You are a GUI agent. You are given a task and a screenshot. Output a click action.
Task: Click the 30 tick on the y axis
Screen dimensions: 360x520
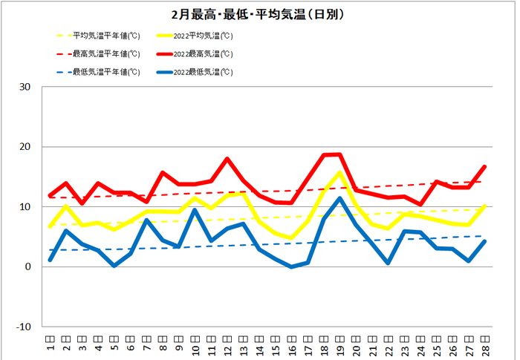click(x=25, y=87)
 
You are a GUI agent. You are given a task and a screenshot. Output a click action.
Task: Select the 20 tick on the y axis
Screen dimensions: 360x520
click(x=25, y=147)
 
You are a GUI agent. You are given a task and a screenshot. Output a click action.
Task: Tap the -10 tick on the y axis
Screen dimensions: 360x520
click(x=24, y=327)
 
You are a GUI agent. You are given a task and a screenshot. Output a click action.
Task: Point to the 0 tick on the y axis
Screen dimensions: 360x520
click(x=28, y=266)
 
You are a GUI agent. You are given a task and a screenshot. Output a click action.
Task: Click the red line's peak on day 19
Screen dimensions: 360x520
click(x=339, y=154)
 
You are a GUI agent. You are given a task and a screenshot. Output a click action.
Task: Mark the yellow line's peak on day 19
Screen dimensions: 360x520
click(x=339, y=173)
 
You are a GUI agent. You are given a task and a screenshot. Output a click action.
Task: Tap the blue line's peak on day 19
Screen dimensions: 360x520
click(x=339, y=198)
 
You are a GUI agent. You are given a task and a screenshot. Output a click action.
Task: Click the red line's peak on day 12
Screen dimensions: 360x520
click(x=227, y=159)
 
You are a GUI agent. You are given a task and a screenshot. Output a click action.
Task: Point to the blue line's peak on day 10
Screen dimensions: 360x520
click(x=195, y=210)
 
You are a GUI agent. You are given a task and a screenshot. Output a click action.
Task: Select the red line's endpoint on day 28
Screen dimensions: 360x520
click(x=484, y=166)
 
